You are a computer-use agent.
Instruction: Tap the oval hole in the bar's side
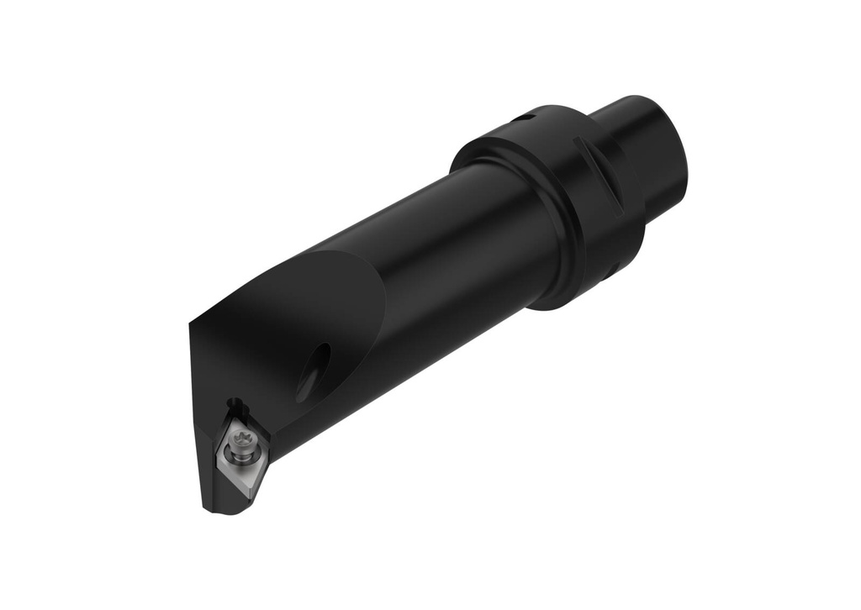tap(314, 371)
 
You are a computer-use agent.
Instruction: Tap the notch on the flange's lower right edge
tap(616, 267)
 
